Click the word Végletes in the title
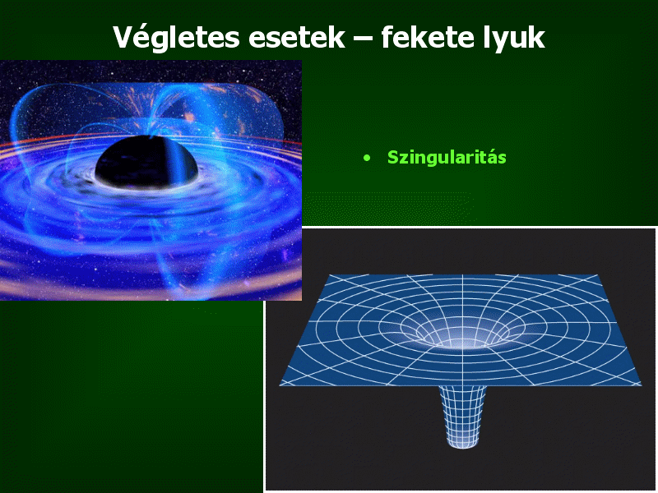[x=176, y=39]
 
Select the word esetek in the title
[x=296, y=38]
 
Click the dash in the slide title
[x=363, y=38]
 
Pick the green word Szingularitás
[x=447, y=158]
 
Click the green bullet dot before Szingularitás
[x=367, y=158]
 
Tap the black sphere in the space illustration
[x=146, y=161]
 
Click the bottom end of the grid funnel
[x=463, y=447]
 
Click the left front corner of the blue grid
[x=280, y=385]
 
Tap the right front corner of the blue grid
[x=642, y=385]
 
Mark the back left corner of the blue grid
[x=330, y=275]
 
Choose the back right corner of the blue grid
[x=598, y=275]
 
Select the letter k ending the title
[x=536, y=36]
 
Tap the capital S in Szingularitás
[x=393, y=157]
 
